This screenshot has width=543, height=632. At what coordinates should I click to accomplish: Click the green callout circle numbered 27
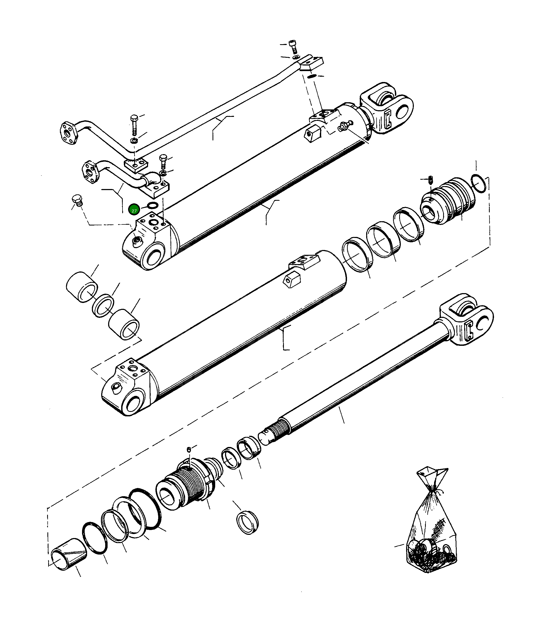point(134,210)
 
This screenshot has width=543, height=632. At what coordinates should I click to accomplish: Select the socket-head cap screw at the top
point(292,46)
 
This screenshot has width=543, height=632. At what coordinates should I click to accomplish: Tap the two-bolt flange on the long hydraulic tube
point(68,134)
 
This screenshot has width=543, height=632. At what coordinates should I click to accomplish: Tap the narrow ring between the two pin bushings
point(103,306)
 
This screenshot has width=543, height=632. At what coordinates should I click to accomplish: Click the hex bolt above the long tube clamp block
point(134,122)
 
